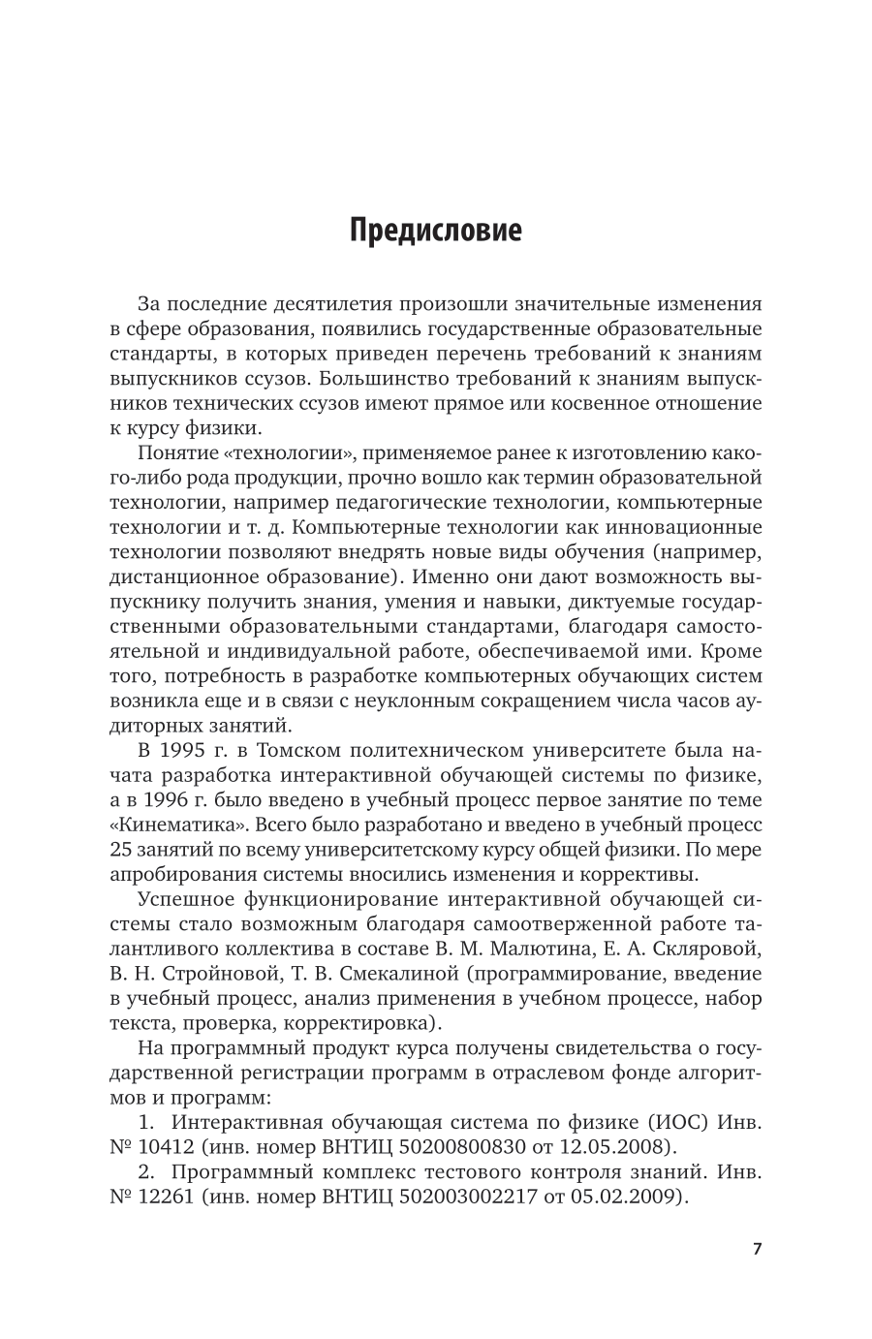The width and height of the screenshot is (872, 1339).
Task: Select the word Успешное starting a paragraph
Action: click(190, 898)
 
